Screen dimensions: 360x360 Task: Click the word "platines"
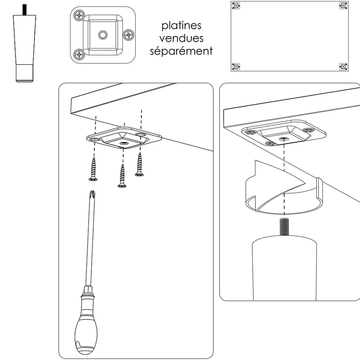click(x=181, y=26)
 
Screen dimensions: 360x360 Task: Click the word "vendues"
click(x=181, y=39)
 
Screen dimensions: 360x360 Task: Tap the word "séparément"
click(x=181, y=51)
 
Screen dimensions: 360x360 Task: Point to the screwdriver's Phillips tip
click(x=92, y=196)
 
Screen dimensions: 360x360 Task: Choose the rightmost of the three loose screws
click(x=139, y=164)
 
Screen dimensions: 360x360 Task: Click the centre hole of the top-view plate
click(x=102, y=35)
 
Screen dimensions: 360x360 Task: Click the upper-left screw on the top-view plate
click(x=80, y=16)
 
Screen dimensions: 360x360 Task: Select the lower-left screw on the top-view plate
click(x=80, y=54)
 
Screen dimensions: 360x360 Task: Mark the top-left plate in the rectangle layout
click(x=236, y=6)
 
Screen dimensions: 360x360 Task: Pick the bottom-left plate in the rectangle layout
click(x=236, y=67)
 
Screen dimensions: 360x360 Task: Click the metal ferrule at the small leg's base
click(x=25, y=72)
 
